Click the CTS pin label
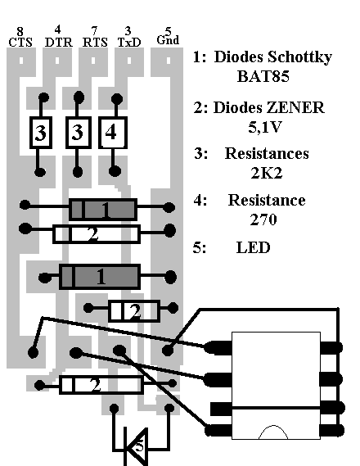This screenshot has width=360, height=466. click(x=20, y=43)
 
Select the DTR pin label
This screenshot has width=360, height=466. click(x=58, y=43)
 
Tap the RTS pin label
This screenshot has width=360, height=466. click(x=95, y=43)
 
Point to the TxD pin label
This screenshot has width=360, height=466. click(x=129, y=43)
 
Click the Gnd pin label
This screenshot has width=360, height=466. click(x=168, y=40)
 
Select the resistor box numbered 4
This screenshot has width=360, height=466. click(x=113, y=133)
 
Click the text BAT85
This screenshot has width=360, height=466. click(x=263, y=76)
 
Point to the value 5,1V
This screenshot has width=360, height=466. click(x=264, y=127)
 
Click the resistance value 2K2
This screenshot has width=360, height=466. click(x=266, y=173)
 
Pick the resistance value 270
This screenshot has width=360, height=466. click(x=263, y=219)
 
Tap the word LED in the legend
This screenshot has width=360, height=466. click(x=253, y=247)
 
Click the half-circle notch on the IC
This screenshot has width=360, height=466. click(x=273, y=432)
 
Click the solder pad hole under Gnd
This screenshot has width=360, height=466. click(x=169, y=61)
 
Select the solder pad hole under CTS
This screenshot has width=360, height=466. click(x=21, y=61)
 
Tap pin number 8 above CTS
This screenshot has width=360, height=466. click(x=20, y=31)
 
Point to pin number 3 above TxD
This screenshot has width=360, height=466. click(x=128, y=31)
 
